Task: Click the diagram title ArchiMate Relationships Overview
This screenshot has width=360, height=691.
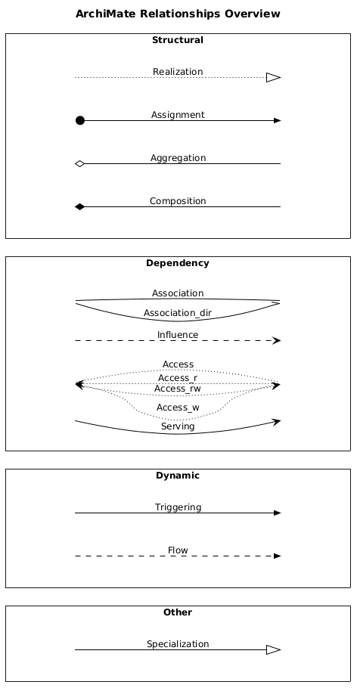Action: point(178,14)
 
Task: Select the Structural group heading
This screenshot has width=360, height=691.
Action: point(178,40)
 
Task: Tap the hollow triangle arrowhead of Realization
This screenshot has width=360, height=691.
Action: point(274,78)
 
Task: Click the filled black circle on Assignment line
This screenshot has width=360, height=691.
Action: point(79,120)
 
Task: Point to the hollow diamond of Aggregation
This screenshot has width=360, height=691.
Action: point(79,164)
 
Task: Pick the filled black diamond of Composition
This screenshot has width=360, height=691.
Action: point(79,206)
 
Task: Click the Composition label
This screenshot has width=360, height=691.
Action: point(178,201)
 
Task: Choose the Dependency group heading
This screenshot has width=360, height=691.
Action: point(178,263)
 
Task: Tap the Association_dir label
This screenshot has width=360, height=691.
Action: point(178,313)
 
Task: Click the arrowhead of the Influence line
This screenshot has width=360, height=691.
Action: point(276,341)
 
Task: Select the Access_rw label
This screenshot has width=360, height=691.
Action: point(178,389)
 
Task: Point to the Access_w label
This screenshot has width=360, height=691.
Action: point(178,407)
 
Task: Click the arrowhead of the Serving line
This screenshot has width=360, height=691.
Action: point(277,422)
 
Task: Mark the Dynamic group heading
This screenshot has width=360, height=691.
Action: point(178,476)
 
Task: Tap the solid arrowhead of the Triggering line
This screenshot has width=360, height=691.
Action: point(277,513)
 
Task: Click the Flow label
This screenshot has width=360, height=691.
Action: point(178,550)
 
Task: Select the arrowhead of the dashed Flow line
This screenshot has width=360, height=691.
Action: point(277,556)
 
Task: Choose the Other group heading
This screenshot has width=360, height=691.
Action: point(178,612)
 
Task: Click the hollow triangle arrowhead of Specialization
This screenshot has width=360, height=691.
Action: point(274,649)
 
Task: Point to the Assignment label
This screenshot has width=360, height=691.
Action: point(178,115)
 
